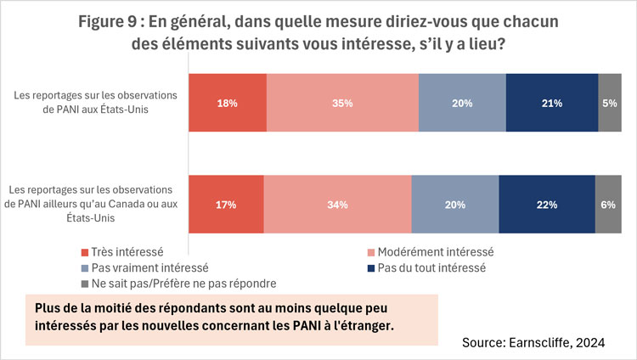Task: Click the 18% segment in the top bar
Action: tap(227, 103)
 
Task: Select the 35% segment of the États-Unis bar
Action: tap(342, 103)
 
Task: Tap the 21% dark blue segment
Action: tap(552, 103)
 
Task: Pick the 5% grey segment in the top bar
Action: tap(609, 103)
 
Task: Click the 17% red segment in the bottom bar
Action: tap(225, 204)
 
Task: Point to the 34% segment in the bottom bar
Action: tap(337, 204)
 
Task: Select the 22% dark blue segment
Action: tap(546, 204)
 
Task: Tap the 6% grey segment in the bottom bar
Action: tap(607, 204)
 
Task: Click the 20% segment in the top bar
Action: tap(462, 103)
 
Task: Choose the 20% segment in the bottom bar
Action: tap(454, 204)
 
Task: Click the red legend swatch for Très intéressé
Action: tap(84, 252)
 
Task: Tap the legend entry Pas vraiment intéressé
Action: tap(144, 267)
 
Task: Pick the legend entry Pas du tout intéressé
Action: tap(433, 267)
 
